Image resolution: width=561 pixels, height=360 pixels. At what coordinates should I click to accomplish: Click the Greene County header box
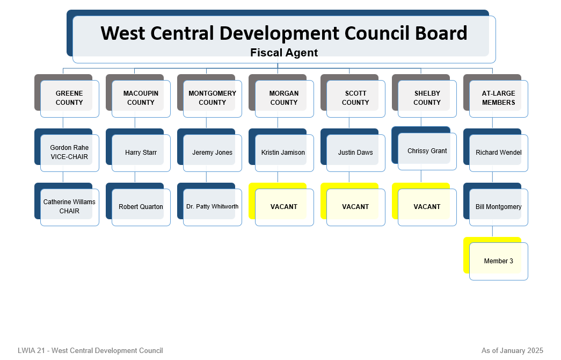pyautogui.click(x=67, y=96)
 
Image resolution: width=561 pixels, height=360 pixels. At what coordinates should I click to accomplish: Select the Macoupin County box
pyautogui.click(x=138, y=96)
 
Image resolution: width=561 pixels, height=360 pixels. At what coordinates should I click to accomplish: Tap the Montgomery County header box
pyautogui.click(x=210, y=96)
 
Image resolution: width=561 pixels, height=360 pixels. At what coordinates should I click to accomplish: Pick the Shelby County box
pyautogui.click(x=424, y=96)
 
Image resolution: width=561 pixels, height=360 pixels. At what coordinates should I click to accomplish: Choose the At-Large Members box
pyautogui.click(x=496, y=96)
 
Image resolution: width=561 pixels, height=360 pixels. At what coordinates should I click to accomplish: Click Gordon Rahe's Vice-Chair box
pyautogui.click(x=67, y=150)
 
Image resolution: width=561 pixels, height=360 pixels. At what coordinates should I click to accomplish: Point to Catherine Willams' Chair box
pyautogui.click(x=67, y=205)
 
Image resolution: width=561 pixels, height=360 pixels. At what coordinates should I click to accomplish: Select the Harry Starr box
pyautogui.click(x=138, y=150)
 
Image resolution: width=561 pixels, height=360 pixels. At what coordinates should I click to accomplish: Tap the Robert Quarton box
pyautogui.click(x=138, y=205)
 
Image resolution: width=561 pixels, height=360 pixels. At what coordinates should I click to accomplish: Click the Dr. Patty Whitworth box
pyautogui.click(x=210, y=205)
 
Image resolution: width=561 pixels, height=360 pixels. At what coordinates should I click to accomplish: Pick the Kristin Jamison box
pyautogui.click(x=281, y=150)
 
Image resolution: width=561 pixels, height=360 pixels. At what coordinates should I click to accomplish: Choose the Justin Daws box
pyautogui.click(x=353, y=150)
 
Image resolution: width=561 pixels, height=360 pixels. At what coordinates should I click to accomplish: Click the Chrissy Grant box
pyautogui.click(x=424, y=148)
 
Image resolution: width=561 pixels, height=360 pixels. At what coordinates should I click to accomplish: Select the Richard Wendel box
pyautogui.click(x=496, y=150)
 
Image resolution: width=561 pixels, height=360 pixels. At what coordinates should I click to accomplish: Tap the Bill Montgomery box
pyautogui.click(x=496, y=205)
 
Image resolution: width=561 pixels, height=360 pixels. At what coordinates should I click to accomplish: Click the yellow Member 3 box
pyautogui.click(x=496, y=258)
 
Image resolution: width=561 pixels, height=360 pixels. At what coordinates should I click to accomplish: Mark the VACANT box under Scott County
pyautogui.click(x=353, y=205)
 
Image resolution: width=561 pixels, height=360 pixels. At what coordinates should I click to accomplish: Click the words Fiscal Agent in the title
pyautogui.click(x=284, y=53)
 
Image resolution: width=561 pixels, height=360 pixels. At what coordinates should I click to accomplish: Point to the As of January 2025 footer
pyautogui.click(x=512, y=350)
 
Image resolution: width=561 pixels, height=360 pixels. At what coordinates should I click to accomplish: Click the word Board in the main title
pyautogui.click(x=441, y=33)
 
